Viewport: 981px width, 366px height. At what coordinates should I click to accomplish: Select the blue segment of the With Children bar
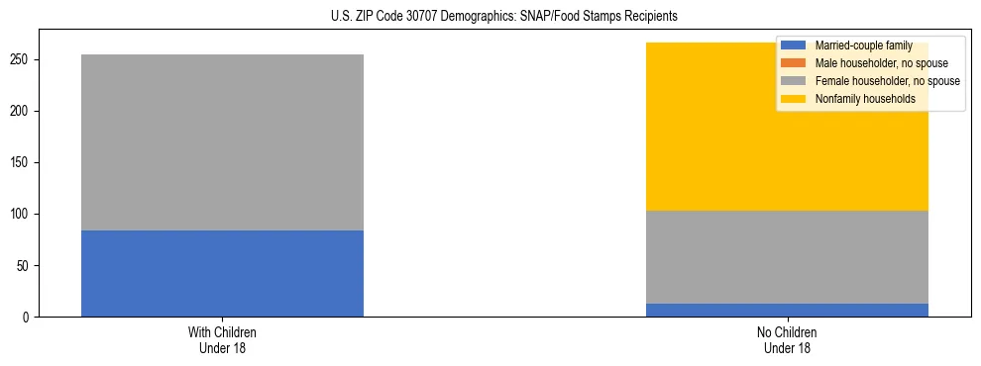[x=222, y=273]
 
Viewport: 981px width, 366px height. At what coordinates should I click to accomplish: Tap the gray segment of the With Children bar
[x=222, y=142]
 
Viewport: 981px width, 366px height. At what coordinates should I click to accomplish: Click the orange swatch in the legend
[x=794, y=63]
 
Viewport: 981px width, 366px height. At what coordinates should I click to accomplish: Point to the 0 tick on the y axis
[x=29, y=318]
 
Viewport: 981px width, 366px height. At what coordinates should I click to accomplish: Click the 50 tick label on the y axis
[x=25, y=266]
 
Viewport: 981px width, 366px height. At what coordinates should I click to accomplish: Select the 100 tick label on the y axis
[x=22, y=215]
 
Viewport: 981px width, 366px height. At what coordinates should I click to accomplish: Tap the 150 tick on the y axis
[x=22, y=163]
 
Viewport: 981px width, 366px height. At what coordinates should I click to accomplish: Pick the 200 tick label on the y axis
[x=22, y=112]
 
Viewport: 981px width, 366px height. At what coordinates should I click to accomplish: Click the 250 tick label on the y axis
[x=22, y=60]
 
